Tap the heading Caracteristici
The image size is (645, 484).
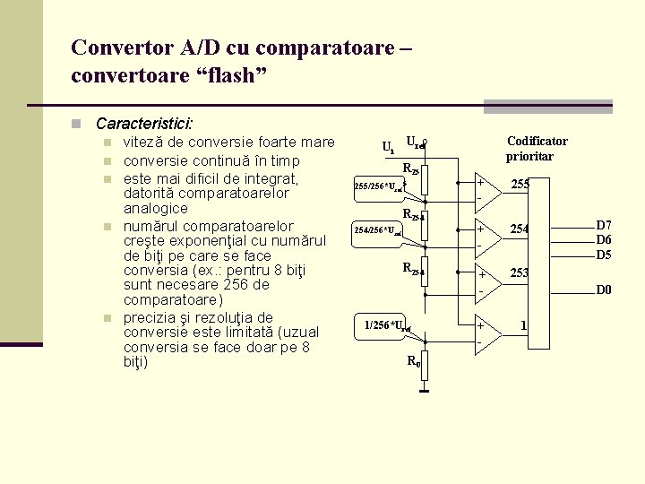tap(146, 123)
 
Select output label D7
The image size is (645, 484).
tap(604, 225)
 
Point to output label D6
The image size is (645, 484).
tap(604, 239)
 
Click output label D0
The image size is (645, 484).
tap(604, 290)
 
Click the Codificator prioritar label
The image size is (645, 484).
tap(537, 149)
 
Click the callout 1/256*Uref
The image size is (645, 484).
tap(387, 324)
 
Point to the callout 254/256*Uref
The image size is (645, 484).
tap(377, 230)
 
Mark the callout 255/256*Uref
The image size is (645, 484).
tap(379, 186)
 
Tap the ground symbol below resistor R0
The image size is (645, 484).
tap(426, 389)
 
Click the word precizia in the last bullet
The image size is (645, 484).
tap(151, 318)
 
